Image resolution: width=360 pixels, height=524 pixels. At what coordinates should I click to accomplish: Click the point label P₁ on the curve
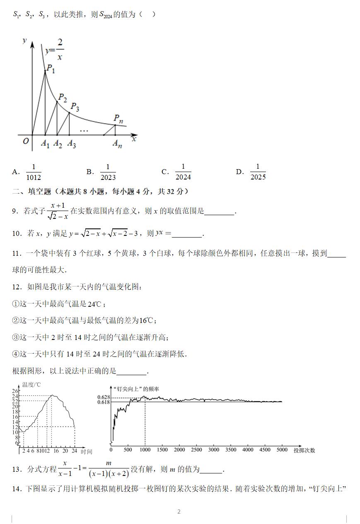click(x=51, y=68)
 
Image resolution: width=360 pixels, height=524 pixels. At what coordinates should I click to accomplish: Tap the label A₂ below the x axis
click(x=58, y=144)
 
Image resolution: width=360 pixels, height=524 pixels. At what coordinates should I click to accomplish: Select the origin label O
click(x=26, y=141)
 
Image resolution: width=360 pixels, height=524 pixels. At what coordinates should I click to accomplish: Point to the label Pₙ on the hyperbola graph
click(x=118, y=119)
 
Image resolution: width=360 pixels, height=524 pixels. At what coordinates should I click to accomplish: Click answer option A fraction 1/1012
click(x=34, y=172)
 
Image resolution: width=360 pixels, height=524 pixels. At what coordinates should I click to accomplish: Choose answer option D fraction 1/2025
click(x=258, y=172)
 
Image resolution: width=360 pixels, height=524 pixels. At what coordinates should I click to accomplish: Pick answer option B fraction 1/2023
click(x=108, y=172)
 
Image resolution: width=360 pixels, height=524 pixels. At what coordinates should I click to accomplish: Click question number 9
click(x=15, y=211)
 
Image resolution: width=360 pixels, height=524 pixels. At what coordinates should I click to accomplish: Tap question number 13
click(x=17, y=470)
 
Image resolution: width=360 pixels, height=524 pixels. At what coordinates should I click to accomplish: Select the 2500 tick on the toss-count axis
click(x=196, y=450)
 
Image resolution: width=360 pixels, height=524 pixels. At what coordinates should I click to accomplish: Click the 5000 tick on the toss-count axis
click(x=282, y=450)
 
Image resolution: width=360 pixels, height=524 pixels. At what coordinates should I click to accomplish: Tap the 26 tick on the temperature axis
click(x=15, y=391)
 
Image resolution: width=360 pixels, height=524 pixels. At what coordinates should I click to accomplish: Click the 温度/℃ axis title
click(x=31, y=385)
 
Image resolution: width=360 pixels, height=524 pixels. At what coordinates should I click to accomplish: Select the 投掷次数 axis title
click(x=304, y=450)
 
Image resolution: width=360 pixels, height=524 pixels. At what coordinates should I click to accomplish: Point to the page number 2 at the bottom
click(x=179, y=512)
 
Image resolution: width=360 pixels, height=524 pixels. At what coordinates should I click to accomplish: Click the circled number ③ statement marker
click(x=16, y=338)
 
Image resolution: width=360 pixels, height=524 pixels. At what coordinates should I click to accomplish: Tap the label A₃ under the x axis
click(x=72, y=144)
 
